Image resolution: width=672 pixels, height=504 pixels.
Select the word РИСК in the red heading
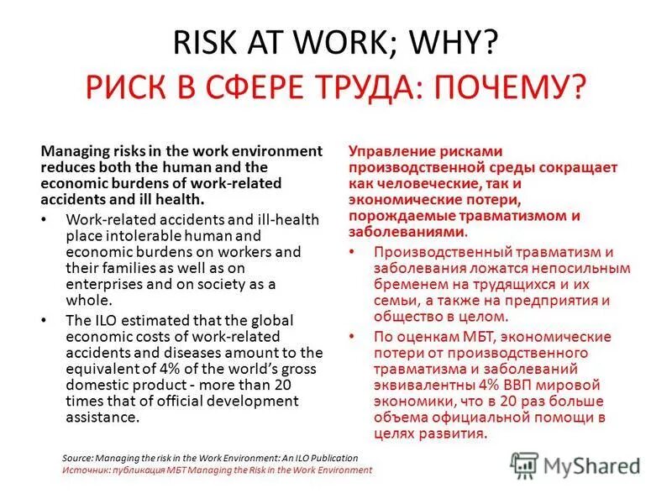[122, 87]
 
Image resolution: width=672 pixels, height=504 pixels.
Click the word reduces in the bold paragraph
[69, 167]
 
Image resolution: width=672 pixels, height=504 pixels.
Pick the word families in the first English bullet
[131, 268]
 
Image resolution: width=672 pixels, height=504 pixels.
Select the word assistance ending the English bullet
[100, 417]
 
